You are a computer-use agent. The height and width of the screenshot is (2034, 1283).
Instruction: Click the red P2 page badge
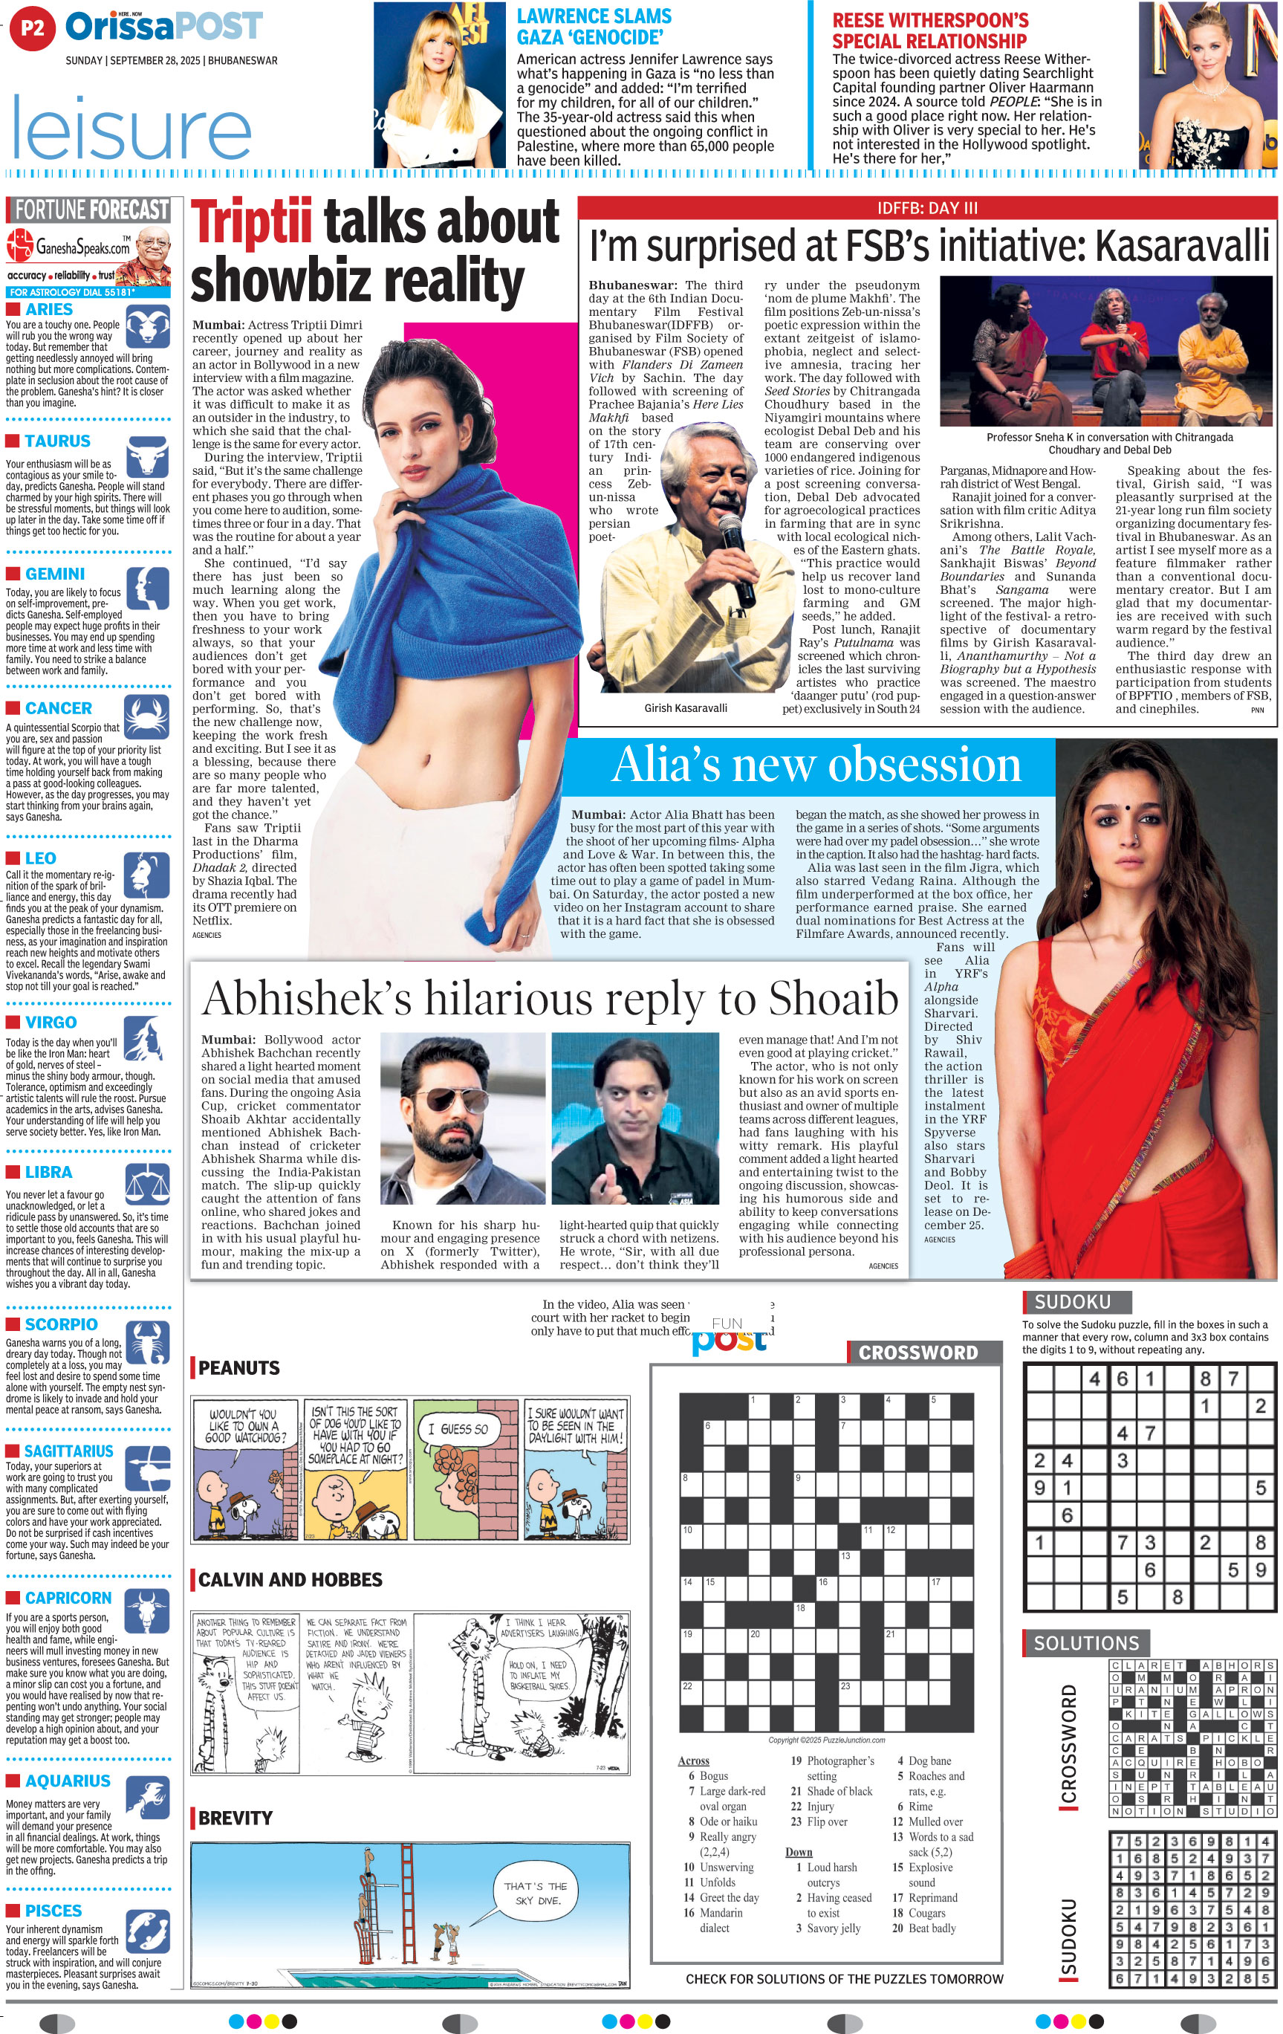tap(32, 28)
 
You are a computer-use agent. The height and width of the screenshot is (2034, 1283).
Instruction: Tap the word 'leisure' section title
tap(131, 129)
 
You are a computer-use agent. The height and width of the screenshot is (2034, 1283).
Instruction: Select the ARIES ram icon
tap(146, 324)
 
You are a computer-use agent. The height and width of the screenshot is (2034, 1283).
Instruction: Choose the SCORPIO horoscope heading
tap(61, 1324)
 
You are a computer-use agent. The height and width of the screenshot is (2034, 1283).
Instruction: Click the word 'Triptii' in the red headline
tap(251, 222)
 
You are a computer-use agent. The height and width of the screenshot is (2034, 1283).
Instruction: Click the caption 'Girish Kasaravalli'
tap(685, 707)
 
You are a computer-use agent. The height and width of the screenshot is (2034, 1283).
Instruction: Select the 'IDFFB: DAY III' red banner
tap(926, 208)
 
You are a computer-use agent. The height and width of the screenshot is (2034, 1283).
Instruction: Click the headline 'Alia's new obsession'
tap(815, 765)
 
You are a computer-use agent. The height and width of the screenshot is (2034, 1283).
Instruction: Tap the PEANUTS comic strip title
tap(239, 1367)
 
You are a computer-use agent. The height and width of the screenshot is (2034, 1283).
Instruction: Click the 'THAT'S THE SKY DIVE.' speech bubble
tap(536, 1893)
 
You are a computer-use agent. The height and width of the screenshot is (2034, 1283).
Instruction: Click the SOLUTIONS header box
tap(1085, 1643)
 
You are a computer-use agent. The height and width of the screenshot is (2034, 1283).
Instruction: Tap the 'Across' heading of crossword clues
tap(693, 1761)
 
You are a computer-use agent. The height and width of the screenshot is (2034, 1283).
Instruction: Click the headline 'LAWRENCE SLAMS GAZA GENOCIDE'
tap(594, 26)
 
